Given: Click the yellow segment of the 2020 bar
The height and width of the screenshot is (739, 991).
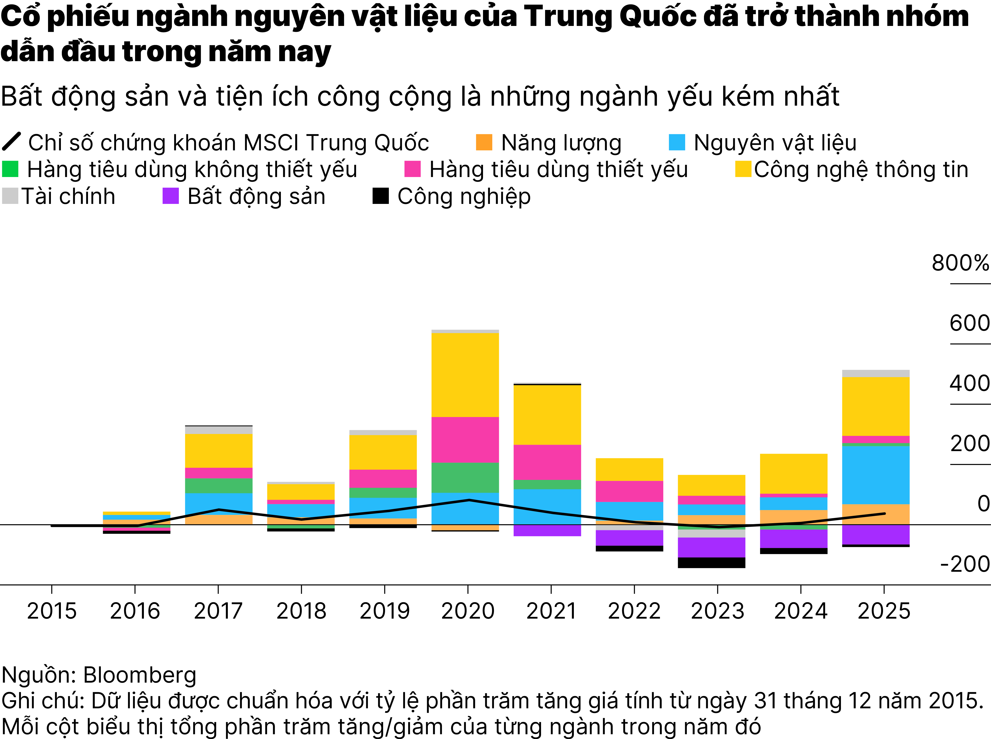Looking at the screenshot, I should click(465, 375).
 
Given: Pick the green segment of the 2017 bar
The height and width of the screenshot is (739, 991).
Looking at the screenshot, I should click(219, 486).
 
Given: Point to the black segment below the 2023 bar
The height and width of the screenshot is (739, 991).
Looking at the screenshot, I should click(712, 563).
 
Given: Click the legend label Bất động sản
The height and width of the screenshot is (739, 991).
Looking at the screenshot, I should click(256, 196).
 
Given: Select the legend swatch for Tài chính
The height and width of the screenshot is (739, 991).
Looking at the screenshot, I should click(10, 196).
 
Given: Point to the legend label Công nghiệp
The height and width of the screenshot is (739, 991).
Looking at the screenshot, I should click(464, 196).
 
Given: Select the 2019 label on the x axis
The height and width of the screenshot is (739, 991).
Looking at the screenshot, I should click(385, 611).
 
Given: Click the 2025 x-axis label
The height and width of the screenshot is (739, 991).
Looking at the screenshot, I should click(884, 611).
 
